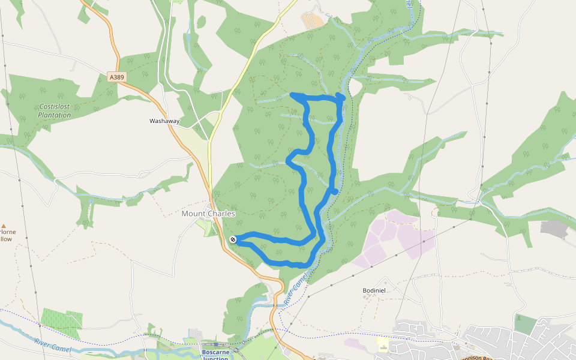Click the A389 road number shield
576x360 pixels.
coord(116,77)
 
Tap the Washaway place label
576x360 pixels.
coord(164,121)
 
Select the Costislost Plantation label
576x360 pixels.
coord(54,110)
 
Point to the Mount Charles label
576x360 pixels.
coord(208,214)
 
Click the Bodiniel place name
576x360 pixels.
coord(374,290)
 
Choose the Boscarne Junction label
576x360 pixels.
coord(215,355)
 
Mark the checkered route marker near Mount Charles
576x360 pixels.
coord(233,239)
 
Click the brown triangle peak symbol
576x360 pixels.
coord(3,226)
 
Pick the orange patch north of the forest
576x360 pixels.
coord(312,20)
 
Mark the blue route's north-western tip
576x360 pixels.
coord(293,95)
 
